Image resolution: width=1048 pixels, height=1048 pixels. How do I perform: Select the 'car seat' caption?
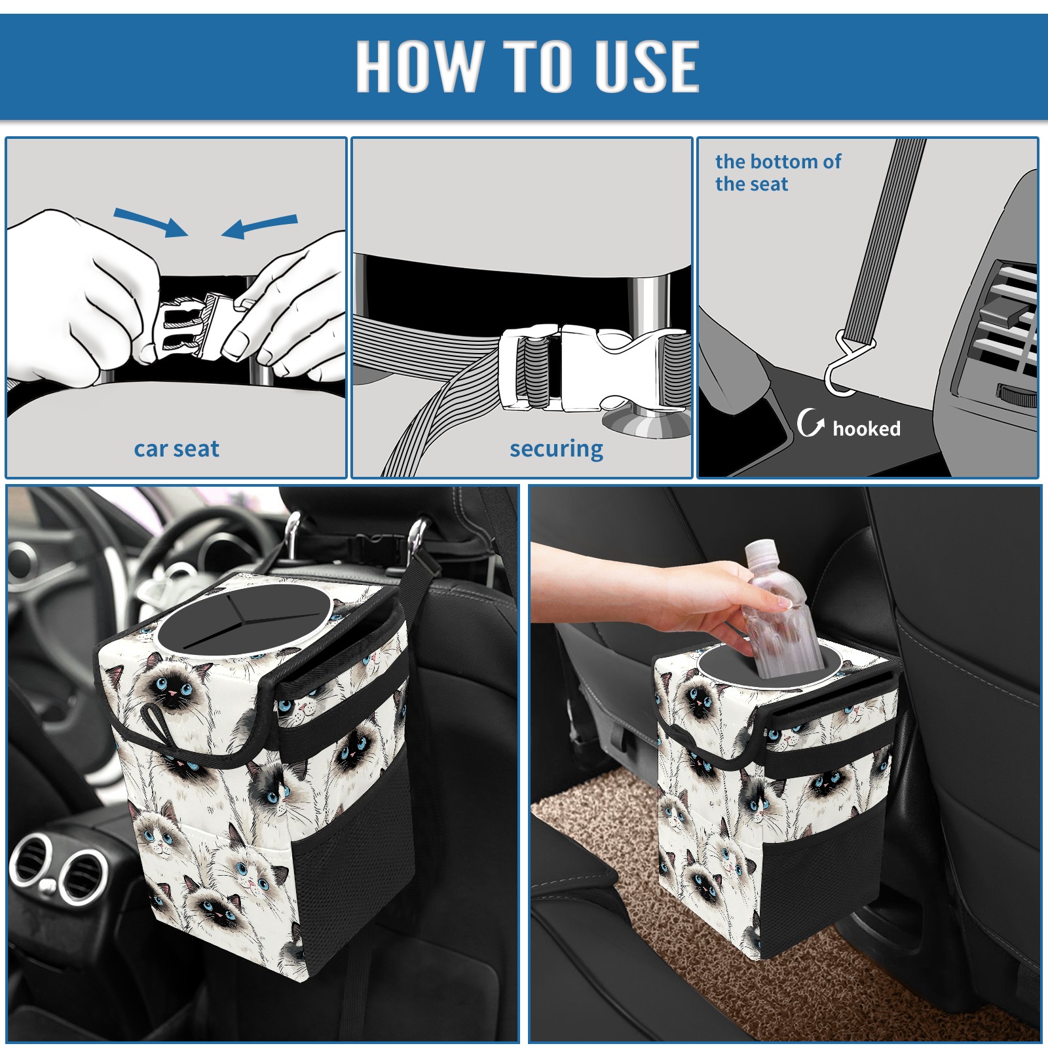pyautogui.click(x=176, y=449)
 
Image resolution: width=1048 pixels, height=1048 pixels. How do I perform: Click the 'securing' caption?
pyautogui.click(x=556, y=449)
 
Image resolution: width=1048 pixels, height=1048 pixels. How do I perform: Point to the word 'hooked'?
pyautogui.click(x=867, y=428)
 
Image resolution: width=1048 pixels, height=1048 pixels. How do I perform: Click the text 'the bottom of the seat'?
pyautogui.click(x=778, y=172)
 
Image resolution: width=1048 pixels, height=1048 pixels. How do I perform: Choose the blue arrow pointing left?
pyautogui.click(x=259, y=227)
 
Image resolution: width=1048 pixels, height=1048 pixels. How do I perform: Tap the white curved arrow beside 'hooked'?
pyautogui.click(x=810, y=422)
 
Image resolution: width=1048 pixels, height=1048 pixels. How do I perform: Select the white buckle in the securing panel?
pyautogui.click(x=593, y=368)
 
